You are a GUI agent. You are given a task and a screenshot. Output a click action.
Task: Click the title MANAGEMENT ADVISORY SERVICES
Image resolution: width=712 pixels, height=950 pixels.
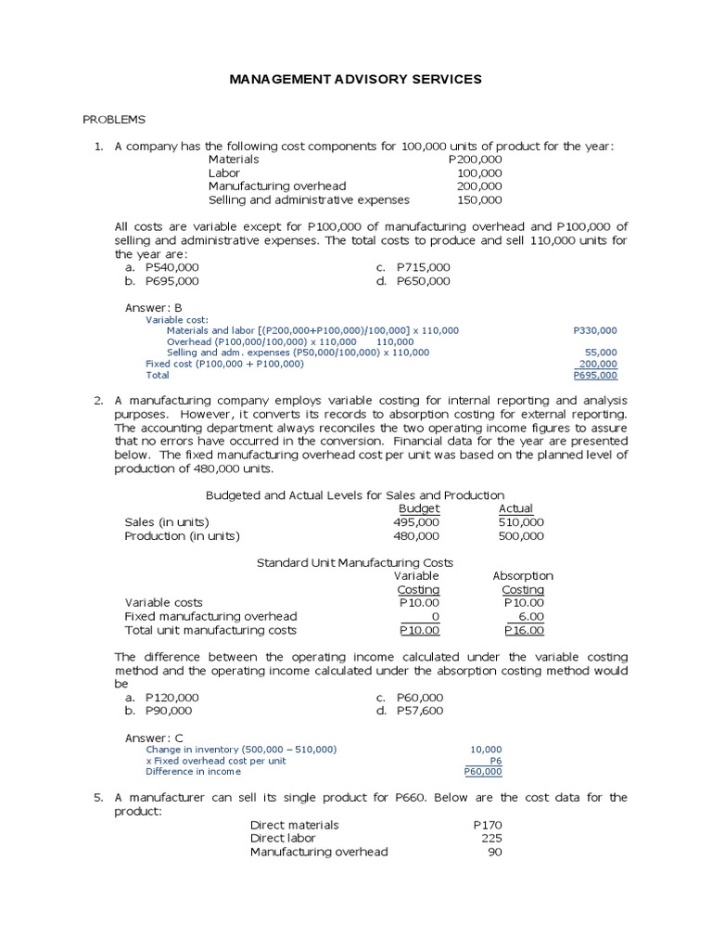point(355,80)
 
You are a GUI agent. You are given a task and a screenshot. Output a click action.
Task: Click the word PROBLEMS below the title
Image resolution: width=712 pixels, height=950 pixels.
point(114,120)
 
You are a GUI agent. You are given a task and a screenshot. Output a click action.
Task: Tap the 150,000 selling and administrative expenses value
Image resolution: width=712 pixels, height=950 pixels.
point(479,199)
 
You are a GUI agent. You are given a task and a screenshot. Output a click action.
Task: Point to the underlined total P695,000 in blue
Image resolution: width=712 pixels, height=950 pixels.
point(595,376)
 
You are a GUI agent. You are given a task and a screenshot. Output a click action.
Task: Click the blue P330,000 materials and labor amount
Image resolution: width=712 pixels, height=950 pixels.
point(595,330)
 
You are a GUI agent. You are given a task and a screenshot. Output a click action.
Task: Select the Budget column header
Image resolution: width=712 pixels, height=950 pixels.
point(419,508)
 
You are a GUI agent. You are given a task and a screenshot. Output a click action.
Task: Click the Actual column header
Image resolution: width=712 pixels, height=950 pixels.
point(516,508)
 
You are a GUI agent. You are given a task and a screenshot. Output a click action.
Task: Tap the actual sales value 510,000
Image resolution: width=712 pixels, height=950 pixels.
point(521,522)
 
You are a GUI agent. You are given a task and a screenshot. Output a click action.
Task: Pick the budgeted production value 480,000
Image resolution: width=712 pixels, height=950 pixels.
point(417,536)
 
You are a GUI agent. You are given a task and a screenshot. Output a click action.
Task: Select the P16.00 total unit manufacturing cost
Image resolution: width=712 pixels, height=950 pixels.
point(524,631)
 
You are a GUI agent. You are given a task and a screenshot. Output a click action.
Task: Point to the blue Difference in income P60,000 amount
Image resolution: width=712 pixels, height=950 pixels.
point(483,772)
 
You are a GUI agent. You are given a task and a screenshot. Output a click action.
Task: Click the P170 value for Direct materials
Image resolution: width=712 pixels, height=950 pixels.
point(487,825)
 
